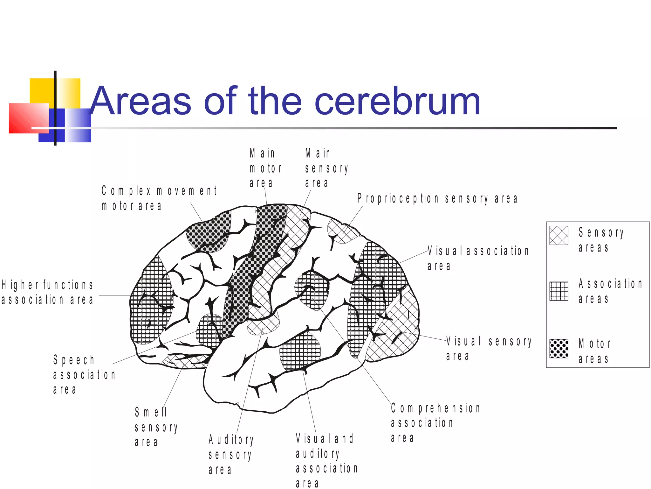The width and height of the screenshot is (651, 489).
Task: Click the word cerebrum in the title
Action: tap(397, 101)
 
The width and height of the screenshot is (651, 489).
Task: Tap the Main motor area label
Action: tap(266, 168)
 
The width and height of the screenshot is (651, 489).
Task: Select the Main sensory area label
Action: tap(326, 168)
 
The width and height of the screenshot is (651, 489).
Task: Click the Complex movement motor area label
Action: tap(159, 198)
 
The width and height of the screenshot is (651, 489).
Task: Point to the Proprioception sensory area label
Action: tap(437, 199)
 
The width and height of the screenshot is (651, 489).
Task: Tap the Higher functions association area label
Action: tap(47, 292)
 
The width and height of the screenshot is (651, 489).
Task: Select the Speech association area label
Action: tap(84, 375)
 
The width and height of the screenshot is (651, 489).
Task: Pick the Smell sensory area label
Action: tap(156, 427)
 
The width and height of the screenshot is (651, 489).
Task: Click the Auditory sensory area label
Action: tap(231, 454)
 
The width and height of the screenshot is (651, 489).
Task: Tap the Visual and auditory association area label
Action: tap(326, 460)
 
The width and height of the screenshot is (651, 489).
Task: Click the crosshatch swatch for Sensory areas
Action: tap(558, 236)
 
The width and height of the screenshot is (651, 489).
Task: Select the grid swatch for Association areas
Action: tap(558, 291)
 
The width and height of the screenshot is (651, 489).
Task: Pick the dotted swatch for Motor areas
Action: tap(558, 349)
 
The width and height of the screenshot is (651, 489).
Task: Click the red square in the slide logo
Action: tap(28, 118)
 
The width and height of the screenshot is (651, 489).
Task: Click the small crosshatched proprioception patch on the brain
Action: tap(341, 231)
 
